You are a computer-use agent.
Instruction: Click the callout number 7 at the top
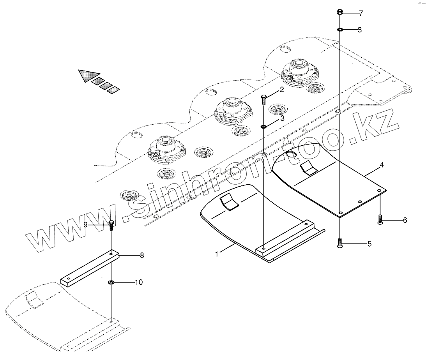pos(361,13)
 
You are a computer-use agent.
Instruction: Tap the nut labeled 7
pos(340,12)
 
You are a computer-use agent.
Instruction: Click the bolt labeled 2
pos(264,99)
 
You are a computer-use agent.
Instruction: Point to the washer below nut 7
pos(340,30)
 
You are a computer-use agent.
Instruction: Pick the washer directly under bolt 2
pos(264,126)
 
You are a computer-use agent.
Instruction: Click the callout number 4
pos(382,165)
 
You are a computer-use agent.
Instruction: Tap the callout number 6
pos(405,220)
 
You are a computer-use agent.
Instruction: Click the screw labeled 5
pos(340,244)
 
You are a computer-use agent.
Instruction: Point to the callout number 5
pos(369,244)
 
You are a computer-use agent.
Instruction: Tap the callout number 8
pos(142,256)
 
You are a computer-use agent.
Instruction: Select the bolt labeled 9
pos(111,225)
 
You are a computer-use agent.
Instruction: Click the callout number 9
pos(85,224)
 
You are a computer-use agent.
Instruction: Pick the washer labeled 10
pos(111,282)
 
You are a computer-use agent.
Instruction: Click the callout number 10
pos(138,282)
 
